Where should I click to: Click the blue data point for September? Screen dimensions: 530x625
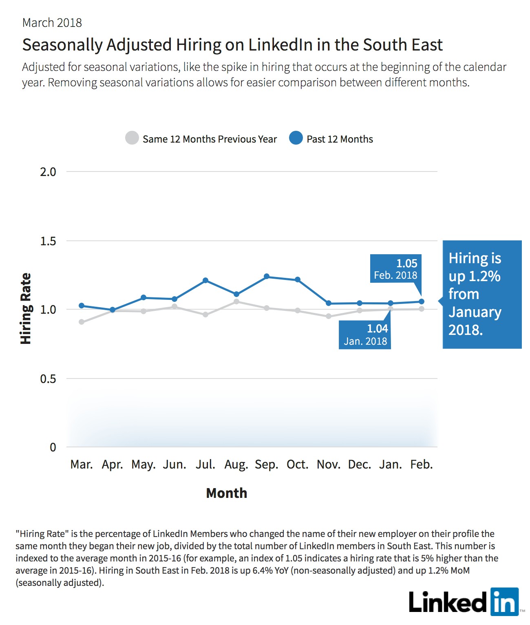coord(267,276)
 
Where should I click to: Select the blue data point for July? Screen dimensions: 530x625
coord(205,280)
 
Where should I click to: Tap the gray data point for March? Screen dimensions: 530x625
coord(82,322)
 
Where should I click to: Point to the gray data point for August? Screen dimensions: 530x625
coord(236,301)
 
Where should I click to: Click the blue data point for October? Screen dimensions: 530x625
coord(298,279)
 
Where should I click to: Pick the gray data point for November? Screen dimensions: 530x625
coord(329,316)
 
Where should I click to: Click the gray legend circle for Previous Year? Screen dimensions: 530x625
coord(132,138)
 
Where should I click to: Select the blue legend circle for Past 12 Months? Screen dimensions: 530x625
coord(296,138)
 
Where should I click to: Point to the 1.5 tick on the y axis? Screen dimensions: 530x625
coord(48,241)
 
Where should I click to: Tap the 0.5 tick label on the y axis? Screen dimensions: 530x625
coord(48,379)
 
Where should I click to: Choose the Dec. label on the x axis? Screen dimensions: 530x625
coord(360,464)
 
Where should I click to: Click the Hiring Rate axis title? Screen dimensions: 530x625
coord(26,308)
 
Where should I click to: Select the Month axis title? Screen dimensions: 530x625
coord(227,493)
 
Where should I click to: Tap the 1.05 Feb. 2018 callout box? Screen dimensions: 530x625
coord(396,268)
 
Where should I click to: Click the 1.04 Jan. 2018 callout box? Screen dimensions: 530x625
coord(365,335)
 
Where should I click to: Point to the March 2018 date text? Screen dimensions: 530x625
coord(52,23)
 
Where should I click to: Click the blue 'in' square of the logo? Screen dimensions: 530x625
coord(505,602)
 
